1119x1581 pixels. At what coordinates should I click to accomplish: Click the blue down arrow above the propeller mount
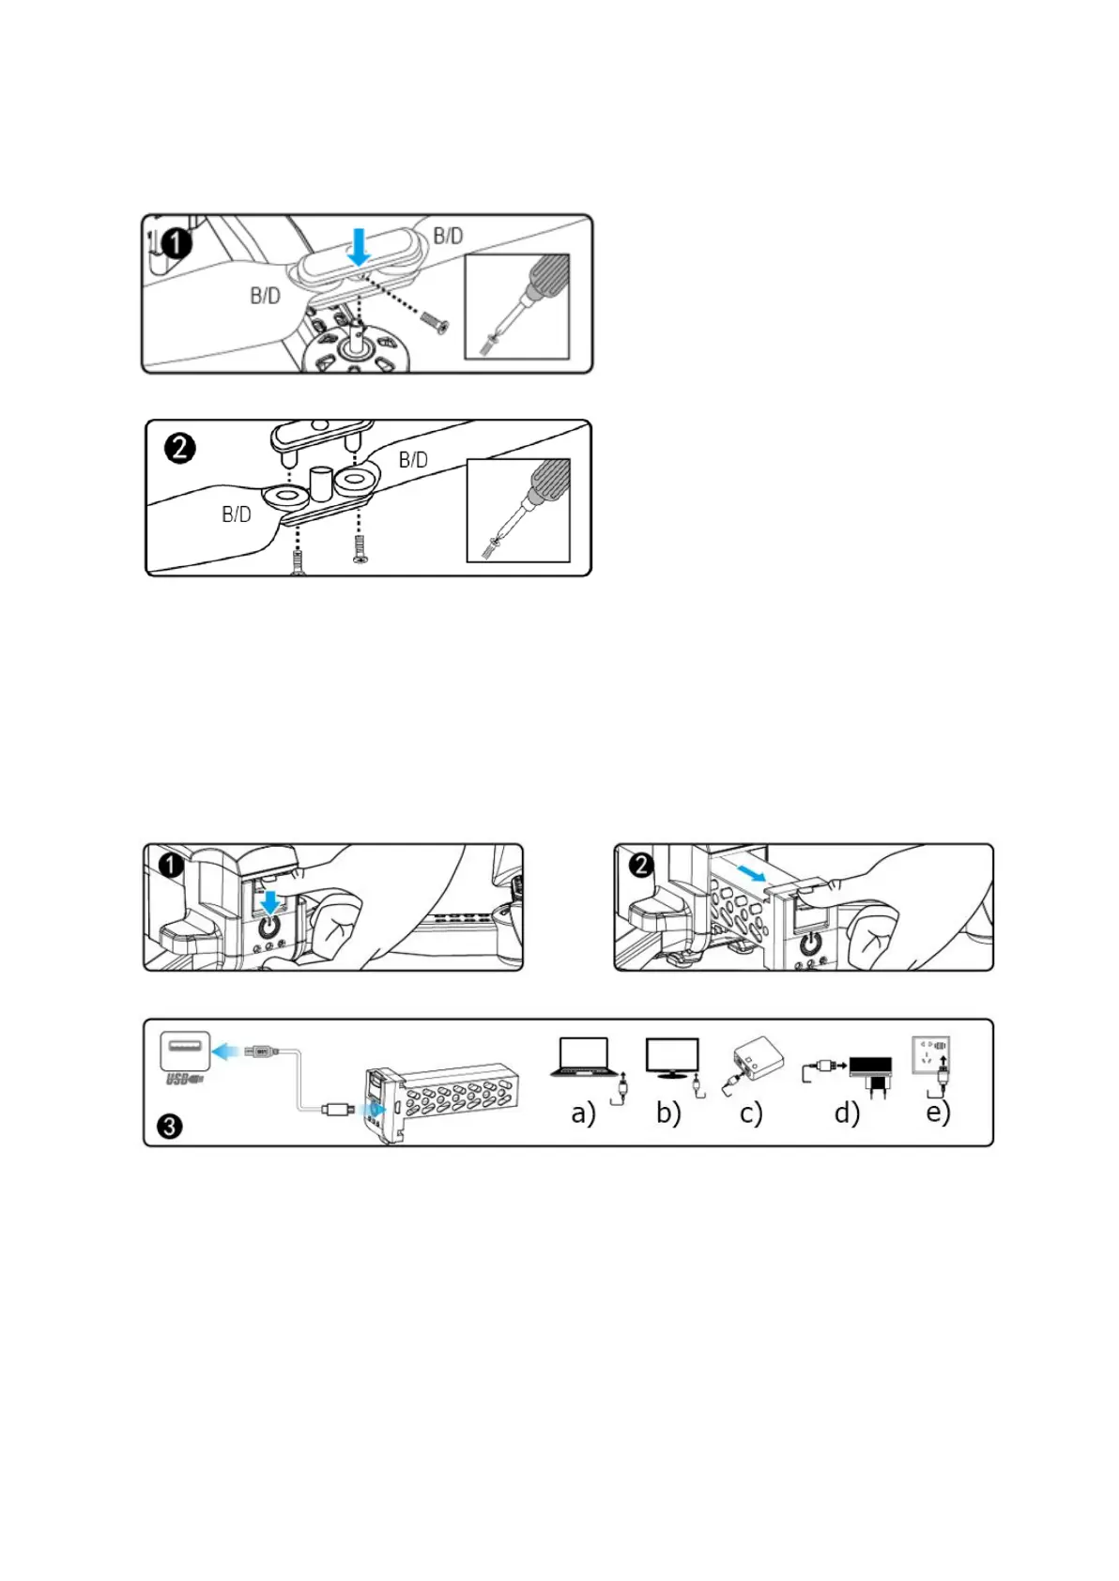coord(359,247)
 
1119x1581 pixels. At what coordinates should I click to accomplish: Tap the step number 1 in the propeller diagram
coord(176,244)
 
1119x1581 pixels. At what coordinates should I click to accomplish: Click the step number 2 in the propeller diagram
coord(180,448)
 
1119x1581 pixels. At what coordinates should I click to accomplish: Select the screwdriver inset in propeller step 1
coord(517,306)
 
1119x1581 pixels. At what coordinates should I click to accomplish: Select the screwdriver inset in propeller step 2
coord(518,510)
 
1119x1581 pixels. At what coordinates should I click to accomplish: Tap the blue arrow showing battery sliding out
coord(752,875)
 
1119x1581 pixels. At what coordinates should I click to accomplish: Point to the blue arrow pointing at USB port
coord(225,1051)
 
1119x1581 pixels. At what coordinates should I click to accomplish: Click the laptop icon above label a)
coord(584,1057)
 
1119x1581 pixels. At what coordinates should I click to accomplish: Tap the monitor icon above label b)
coord(672,1058)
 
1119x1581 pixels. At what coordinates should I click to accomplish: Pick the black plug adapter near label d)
coord(871,1074)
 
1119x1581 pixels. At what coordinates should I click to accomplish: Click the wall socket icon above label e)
coord(930,1055)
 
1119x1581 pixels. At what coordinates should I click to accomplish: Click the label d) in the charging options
coord(847,1113)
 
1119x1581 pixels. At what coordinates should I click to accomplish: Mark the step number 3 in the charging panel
coord(170,1126)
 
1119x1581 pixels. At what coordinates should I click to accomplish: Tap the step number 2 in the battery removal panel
coord(641,865)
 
